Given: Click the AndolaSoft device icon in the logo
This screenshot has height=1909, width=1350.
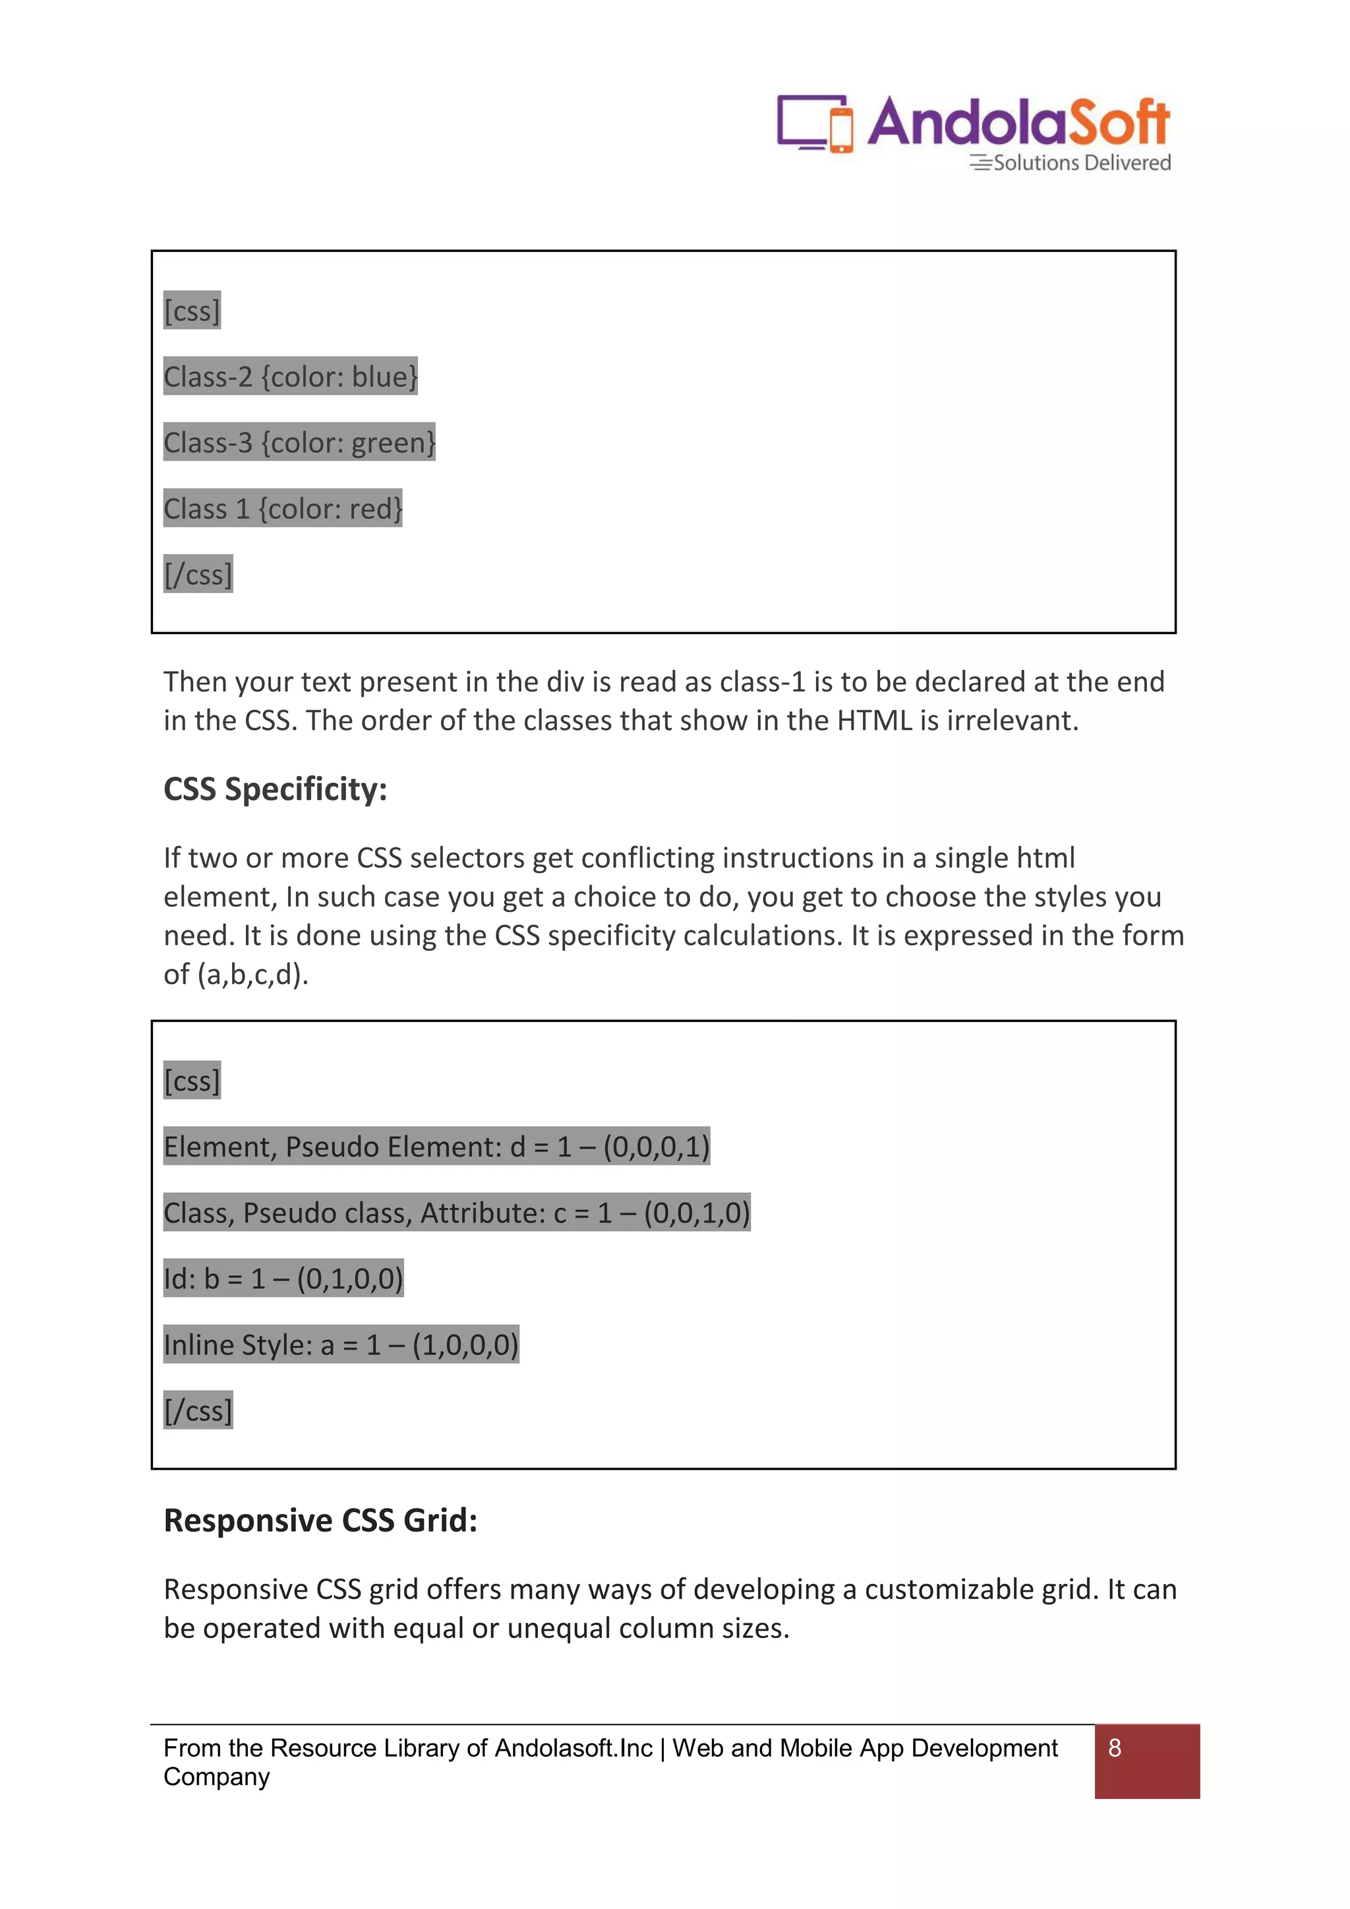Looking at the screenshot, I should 815,123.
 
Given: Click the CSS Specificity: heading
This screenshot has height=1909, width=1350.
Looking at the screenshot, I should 275,789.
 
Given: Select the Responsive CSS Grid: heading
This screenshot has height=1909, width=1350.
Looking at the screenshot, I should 320,1520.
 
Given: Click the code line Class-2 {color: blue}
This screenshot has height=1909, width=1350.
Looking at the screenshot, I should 290,377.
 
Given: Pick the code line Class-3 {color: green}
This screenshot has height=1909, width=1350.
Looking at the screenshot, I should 299,442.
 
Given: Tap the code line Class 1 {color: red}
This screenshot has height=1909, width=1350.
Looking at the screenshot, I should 283,508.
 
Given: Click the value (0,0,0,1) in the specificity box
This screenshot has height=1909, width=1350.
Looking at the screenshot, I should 657,1147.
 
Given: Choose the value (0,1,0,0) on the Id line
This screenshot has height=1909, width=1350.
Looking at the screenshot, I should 350,1278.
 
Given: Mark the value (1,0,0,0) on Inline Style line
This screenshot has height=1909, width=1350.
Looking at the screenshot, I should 465,1345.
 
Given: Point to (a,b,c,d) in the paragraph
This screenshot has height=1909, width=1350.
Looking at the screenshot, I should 252,974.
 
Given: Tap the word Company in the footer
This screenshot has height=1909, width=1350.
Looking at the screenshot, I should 217,1777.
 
